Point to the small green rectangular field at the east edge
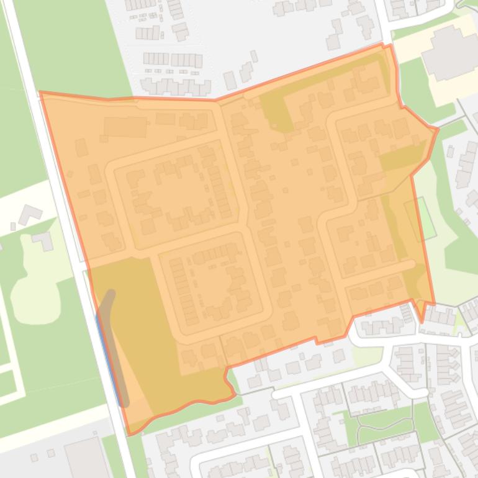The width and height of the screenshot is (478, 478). click(420, 219)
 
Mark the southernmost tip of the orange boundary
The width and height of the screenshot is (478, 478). click(130, 434)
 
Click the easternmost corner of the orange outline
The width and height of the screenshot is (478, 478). click(438, 129)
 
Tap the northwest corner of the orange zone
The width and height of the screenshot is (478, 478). click(40, 93)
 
